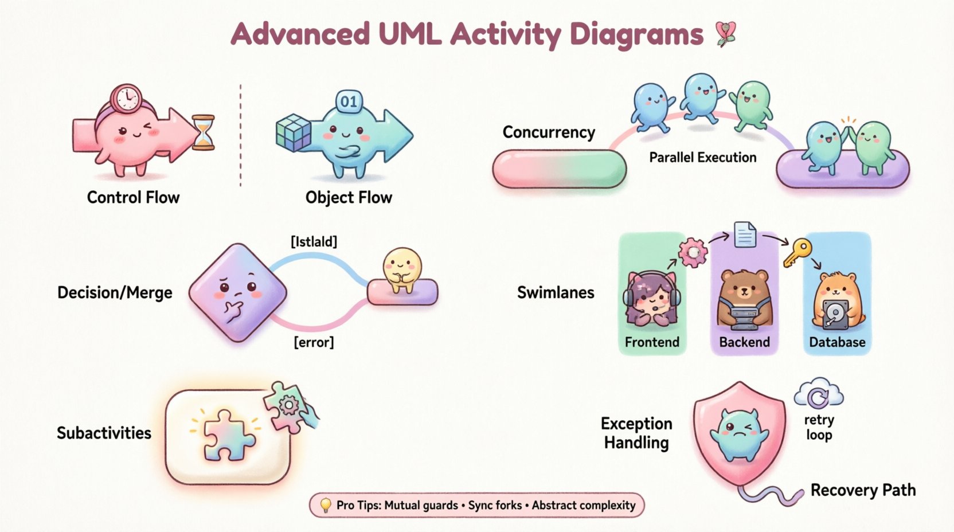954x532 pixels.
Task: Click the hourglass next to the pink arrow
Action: [203, 132]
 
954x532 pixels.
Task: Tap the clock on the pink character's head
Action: [126, 98]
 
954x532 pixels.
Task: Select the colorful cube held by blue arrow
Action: [293, 132]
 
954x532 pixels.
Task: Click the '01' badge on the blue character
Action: [349, 102]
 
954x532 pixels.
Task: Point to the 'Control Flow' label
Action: [133, 198]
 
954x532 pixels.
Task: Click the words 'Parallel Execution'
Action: [702, 158]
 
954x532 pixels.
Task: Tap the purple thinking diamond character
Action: [238, 292]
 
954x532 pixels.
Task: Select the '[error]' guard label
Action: [314, 343]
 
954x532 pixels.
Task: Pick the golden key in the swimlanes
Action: [797, 252]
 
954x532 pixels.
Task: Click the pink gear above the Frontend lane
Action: [693, 252]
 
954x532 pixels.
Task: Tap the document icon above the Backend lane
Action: [745, 234]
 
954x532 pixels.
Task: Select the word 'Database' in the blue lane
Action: [837, 342]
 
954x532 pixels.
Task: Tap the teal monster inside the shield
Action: [740, 435]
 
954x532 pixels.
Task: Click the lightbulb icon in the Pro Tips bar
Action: [325, 505]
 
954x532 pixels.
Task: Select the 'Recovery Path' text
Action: [863, 491]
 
